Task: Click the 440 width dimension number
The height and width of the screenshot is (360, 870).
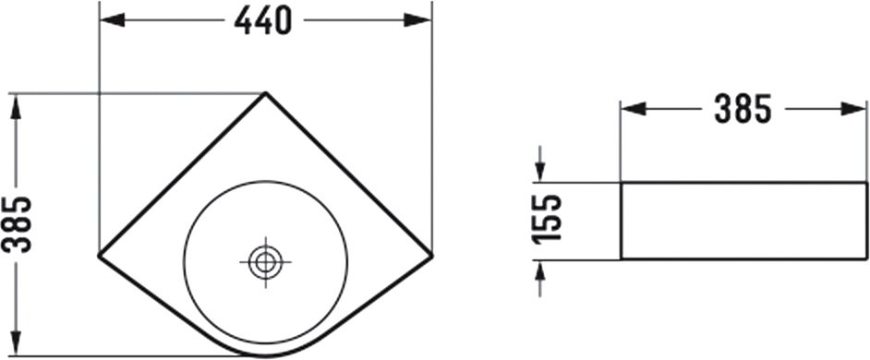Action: [x=262, y=21]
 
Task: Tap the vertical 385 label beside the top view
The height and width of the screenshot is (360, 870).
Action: [x=17, y=224]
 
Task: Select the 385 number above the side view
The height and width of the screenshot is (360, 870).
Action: [x=743, y=109]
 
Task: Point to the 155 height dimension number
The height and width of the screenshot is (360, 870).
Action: [x=547, y=219]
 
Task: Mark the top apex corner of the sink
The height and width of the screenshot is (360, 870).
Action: [x=266, y=93]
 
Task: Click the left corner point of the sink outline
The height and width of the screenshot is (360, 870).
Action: [x=100, y=256]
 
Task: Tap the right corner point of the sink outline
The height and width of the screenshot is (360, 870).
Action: [x=431, y=256]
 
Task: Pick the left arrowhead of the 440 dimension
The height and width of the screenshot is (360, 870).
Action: [x=112, y=20]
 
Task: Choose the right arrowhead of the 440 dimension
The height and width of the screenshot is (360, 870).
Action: [x=418, y=20]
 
